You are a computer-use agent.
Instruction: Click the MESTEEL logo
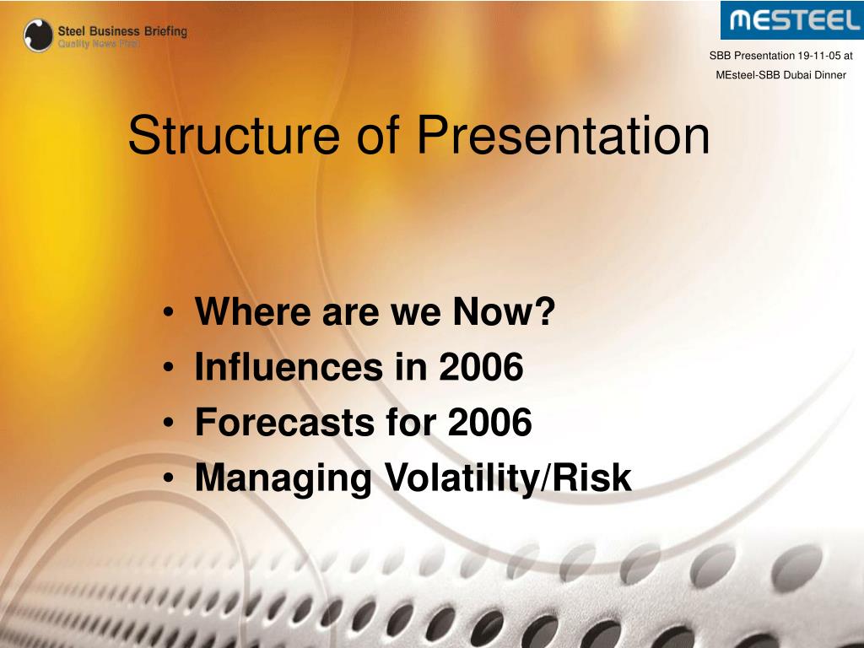click(x=792, y=20)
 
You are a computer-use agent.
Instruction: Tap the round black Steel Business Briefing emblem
click(x=38, y=35)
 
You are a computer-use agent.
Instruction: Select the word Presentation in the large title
click(x=563, y=135)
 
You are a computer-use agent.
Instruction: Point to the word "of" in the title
click(x=378, y=135)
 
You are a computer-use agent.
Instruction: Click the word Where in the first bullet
click(x=253, y=311)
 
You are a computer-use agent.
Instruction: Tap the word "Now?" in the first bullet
click(x=504, y=311)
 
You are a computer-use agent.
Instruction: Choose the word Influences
click(x=289, y=366)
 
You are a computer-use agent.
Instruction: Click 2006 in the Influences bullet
click(x=481, y=366)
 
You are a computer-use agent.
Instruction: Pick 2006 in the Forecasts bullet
click(x=490, y=422)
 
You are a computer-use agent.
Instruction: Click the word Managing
click(x=283, y=478)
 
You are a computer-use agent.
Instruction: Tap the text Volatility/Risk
click(x=508, y=478)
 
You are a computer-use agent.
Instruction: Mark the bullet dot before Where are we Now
click(x=169, y=313)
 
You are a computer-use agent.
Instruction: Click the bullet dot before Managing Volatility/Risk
click(x=169, y=478)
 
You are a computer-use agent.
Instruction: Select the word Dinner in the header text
click(x=830, y=75)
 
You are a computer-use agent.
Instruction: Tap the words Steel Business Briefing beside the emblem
click(x=122, y=31)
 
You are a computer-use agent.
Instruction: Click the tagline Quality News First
click(x=99, y=44)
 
